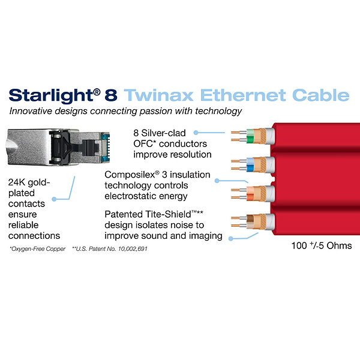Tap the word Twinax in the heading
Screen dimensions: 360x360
(x=158, y=95)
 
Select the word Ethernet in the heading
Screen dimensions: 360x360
(x=243, y=95)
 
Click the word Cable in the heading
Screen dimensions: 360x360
(x=321, y=95)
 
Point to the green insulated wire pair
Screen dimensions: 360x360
(x=250, y=136)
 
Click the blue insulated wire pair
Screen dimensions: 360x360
(x=250, y=165)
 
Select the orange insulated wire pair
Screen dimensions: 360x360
(x=250, y=194)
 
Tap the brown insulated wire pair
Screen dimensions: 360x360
(x=250, y=222)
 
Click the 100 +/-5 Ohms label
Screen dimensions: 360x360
(x=322, y=245)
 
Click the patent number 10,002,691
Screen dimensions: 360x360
(x=133, y=248)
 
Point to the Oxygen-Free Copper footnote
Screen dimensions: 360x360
(x=37, y=249)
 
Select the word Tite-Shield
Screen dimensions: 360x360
(x=171, y=214)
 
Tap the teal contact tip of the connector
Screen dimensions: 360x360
(x=106, y=147)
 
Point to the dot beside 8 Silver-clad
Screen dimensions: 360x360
(x=196, y=133)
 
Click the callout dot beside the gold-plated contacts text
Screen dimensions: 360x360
(x=54, y=199)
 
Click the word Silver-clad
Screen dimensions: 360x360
(x=163, y=133)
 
